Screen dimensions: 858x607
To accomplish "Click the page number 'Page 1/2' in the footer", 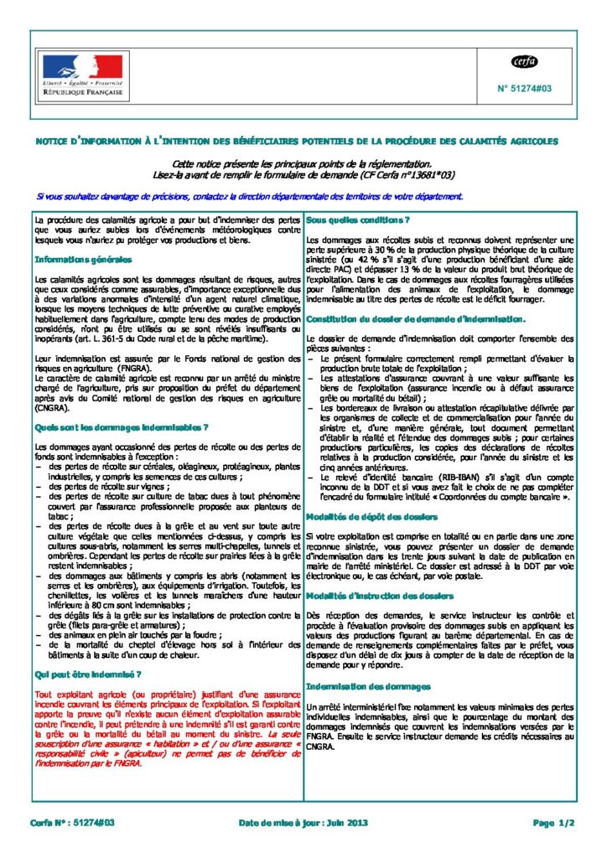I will click(553, 824).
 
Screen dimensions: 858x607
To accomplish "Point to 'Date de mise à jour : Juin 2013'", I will click(303, 824).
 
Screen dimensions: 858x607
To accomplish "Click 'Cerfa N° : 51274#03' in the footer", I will click(71, 824).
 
